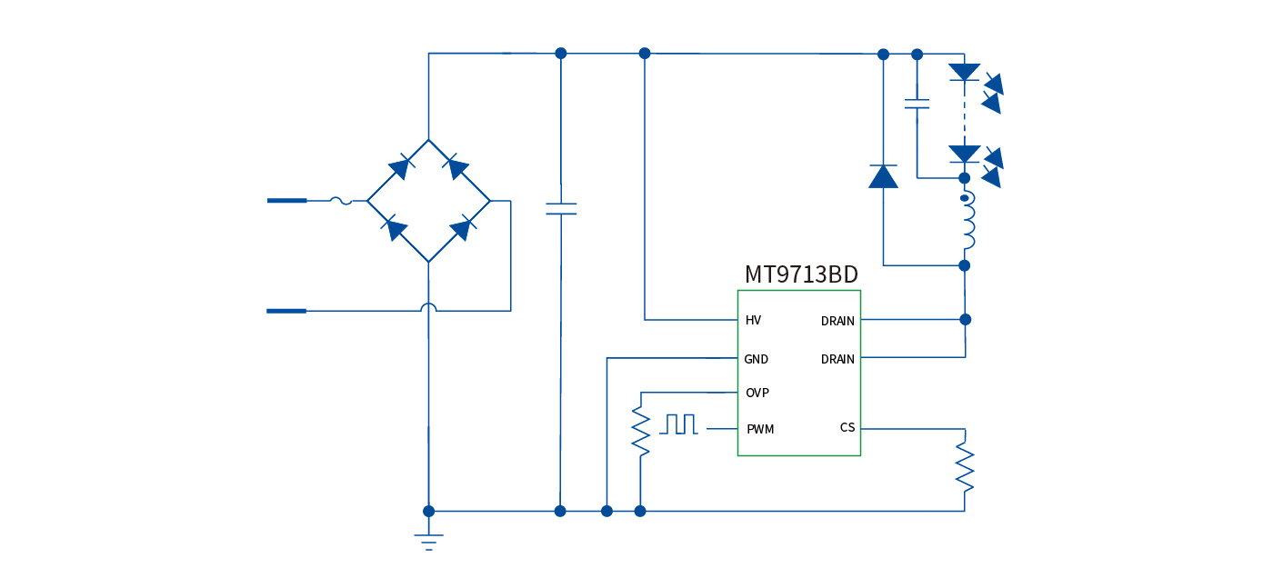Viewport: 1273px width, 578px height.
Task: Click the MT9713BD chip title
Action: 801,274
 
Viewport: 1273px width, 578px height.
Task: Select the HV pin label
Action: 753,321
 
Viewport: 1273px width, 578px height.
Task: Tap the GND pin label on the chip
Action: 756,359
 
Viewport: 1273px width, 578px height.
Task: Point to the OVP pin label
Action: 757,393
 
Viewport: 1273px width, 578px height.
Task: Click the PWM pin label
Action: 759,429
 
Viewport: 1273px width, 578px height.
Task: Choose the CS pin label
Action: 847,427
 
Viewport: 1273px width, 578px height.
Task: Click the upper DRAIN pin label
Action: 837,321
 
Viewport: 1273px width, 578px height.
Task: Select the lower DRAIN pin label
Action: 837,359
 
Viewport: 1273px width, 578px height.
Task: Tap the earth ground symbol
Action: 428,541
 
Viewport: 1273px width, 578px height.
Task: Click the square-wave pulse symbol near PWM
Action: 680,424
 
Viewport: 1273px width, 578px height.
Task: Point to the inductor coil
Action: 967,222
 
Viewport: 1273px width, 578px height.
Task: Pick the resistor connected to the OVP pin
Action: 640,432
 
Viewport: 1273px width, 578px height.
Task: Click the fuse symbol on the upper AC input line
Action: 340,200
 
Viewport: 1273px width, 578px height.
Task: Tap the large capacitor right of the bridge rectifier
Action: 560,208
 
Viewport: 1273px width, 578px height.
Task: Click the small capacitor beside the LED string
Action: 917,104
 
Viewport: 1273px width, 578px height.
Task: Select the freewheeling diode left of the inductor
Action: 883,175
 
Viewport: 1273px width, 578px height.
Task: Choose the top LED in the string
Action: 964,72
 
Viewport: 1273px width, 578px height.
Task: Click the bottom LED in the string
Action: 964,154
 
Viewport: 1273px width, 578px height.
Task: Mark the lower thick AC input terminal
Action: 286,311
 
